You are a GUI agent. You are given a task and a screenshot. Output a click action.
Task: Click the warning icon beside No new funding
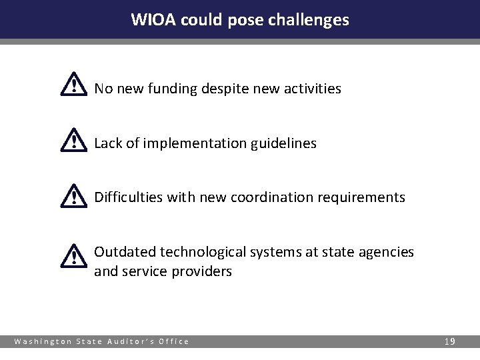point(73,85)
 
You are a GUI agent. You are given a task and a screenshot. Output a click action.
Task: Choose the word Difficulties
point(125,198)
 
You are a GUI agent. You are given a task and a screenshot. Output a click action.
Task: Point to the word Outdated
point(122,252)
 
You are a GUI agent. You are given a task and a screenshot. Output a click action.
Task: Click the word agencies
point(389,253)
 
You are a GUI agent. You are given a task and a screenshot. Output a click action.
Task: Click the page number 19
point(449,341)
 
